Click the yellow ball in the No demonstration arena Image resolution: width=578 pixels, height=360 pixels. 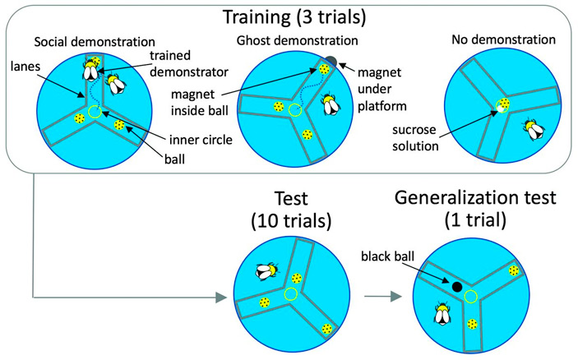(x=503, y=105)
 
